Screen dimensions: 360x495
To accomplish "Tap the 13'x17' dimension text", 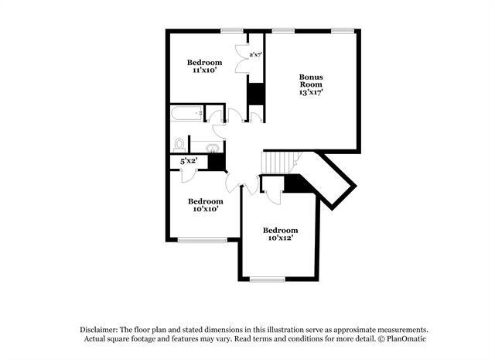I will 311,91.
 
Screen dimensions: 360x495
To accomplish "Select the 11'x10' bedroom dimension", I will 205,70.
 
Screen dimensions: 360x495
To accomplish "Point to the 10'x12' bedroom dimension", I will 279,240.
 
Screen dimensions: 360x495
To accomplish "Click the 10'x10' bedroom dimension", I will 205,207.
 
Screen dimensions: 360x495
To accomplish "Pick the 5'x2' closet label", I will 188,162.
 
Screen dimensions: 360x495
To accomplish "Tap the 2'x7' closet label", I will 255,54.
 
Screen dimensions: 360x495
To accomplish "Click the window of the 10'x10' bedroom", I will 202,240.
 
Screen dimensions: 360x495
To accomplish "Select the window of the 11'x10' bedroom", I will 230,31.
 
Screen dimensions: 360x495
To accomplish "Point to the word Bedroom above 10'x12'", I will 279,230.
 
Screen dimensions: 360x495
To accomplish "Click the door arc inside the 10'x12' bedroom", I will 272,194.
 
